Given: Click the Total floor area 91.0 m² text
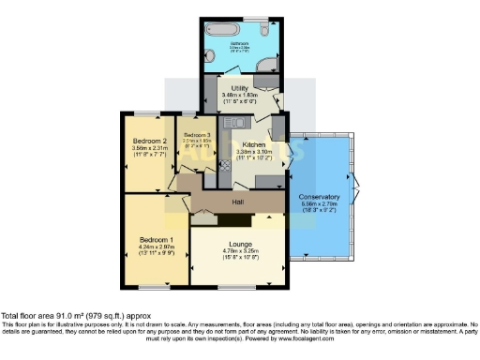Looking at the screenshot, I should pyautogui.click(x=75, y=317).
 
